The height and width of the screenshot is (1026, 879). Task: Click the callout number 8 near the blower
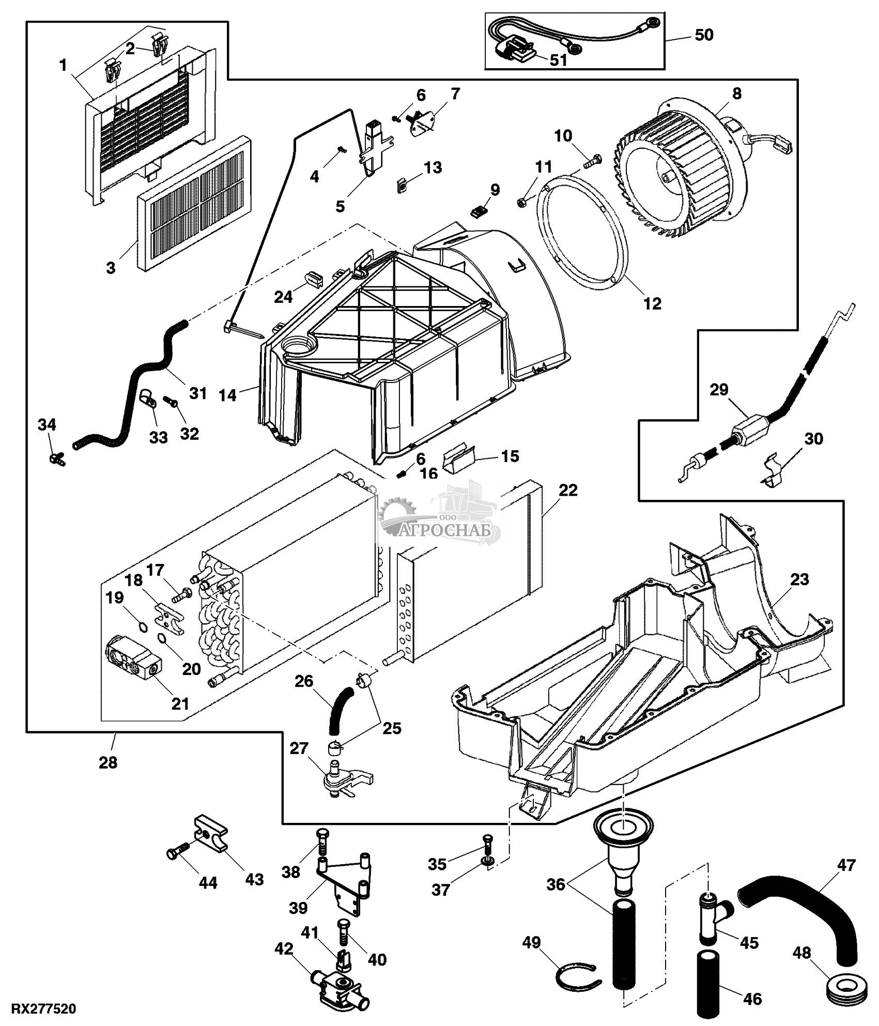(x=736, y=94)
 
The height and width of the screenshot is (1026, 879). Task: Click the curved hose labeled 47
(x=798, y=907)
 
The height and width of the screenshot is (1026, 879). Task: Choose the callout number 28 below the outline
(x=108, y=763)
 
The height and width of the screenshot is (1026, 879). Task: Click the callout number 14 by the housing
(x=227, y=395)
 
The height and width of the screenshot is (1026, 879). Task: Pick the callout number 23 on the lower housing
(x=799, y=579)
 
